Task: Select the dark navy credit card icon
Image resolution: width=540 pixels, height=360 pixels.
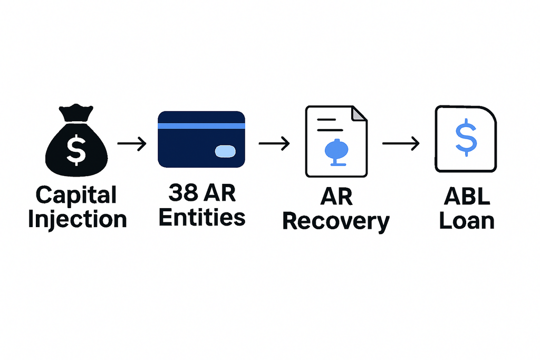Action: pos(201,139)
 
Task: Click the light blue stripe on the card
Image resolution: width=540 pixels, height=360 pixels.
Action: pos(201,125)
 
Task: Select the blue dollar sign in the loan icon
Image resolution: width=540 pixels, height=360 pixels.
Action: pos(466,137)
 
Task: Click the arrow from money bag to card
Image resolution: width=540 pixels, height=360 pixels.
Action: pos(132,143)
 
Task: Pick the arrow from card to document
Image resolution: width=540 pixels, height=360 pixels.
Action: pos(274,143)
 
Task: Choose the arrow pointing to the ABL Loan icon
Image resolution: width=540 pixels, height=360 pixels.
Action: pos(401,143)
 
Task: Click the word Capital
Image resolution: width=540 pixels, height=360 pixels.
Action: pos(76,196)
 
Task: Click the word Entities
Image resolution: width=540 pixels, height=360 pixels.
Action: pos(202,217)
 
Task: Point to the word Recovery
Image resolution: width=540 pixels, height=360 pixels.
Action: pos(336,221)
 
